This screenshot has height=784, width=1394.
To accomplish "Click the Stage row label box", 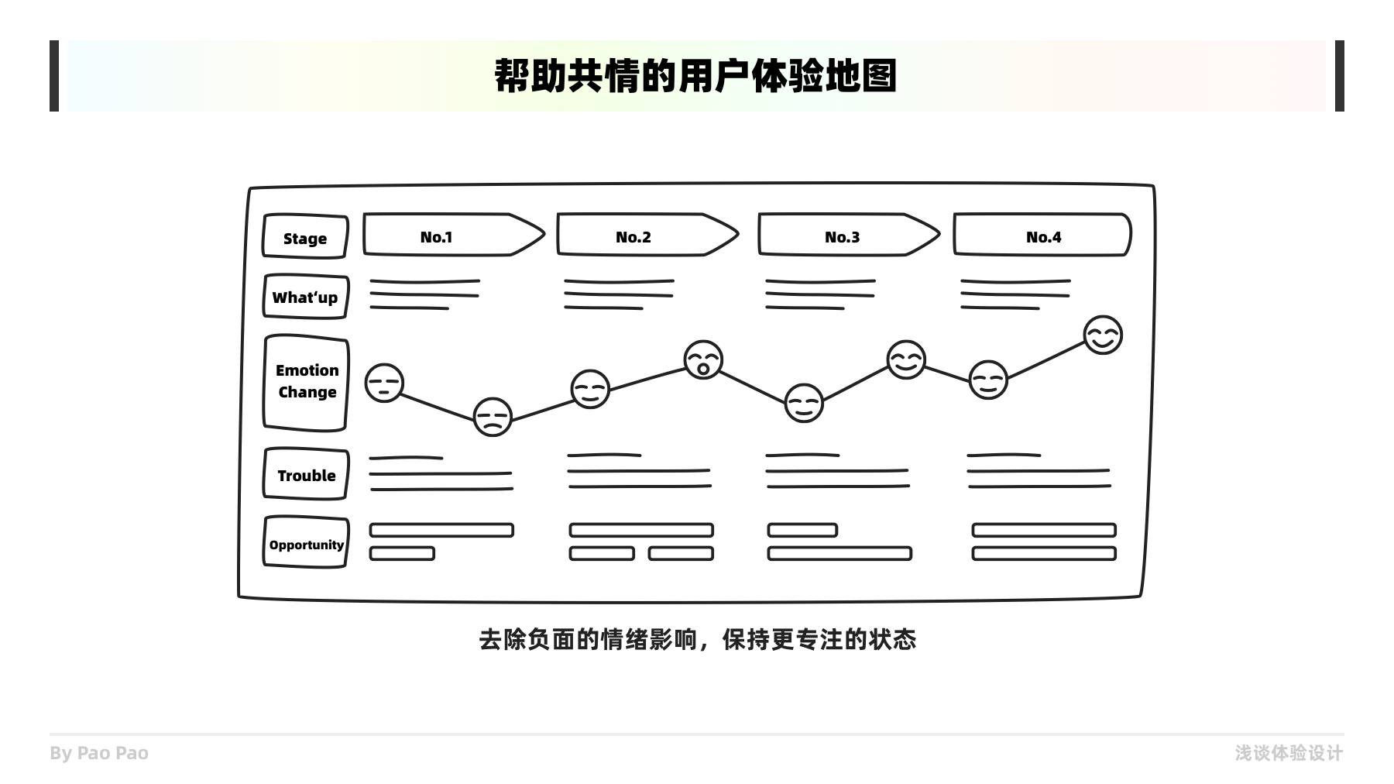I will (x=305, y=236).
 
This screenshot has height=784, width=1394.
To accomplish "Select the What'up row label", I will (x=305, y=297).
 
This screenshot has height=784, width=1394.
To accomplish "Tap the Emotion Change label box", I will (x=307, y=382).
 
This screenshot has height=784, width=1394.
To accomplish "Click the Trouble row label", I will (x=306, y=475).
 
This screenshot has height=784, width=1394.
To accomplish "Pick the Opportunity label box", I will (x=306, y=544).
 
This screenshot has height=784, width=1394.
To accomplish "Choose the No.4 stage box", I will (x=1042, y=236).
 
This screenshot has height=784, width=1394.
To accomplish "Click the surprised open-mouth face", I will (x=703, y=360).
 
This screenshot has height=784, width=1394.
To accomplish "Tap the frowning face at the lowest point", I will (x=493, y=417).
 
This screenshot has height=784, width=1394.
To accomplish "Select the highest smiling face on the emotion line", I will (x=1103, y=335).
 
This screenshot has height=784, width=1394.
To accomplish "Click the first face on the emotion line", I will (x=384, y=383).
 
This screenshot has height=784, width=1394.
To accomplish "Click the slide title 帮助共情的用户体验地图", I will (x=695, y=76).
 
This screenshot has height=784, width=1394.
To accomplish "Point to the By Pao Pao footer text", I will (x=99, y=753).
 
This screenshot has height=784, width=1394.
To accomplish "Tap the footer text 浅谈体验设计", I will (x=1289, y=753).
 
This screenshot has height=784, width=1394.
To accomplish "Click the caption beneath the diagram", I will (x=697, y=640).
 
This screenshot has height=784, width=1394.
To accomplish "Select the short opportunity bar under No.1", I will (x=402, y=553).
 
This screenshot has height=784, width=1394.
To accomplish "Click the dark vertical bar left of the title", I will (x=54, y=76).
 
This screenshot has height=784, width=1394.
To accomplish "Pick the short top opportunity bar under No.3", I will (x=802, y=530).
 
